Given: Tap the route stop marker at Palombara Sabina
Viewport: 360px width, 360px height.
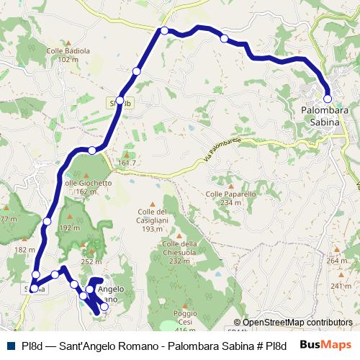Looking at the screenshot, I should pyautogui.click(x=328, y=99).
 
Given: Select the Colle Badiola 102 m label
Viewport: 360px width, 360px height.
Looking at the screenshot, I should pyautogui.click(x=68, y=55).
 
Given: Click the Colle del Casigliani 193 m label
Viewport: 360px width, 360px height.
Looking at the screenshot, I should pyautogui.click(x=152, y=220).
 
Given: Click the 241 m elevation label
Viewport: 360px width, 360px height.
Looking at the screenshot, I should pyautogui.click(x=341, y=287).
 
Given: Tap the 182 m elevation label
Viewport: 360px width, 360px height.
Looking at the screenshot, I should pyautogui.click(x=24, y=250).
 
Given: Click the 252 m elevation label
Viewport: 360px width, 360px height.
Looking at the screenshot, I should pyautogui.click(x=91, y=262).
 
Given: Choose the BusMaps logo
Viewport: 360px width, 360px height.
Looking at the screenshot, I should pyautogui.click(x=325, y=345).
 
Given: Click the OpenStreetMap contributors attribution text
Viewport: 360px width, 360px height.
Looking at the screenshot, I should pyautogui.click(x=297, y=323).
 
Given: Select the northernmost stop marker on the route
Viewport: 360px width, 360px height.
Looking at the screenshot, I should pyautogui.click(x=165, y=30).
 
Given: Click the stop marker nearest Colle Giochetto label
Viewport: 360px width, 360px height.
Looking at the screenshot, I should pyautogui.click(x=92, y=150).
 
